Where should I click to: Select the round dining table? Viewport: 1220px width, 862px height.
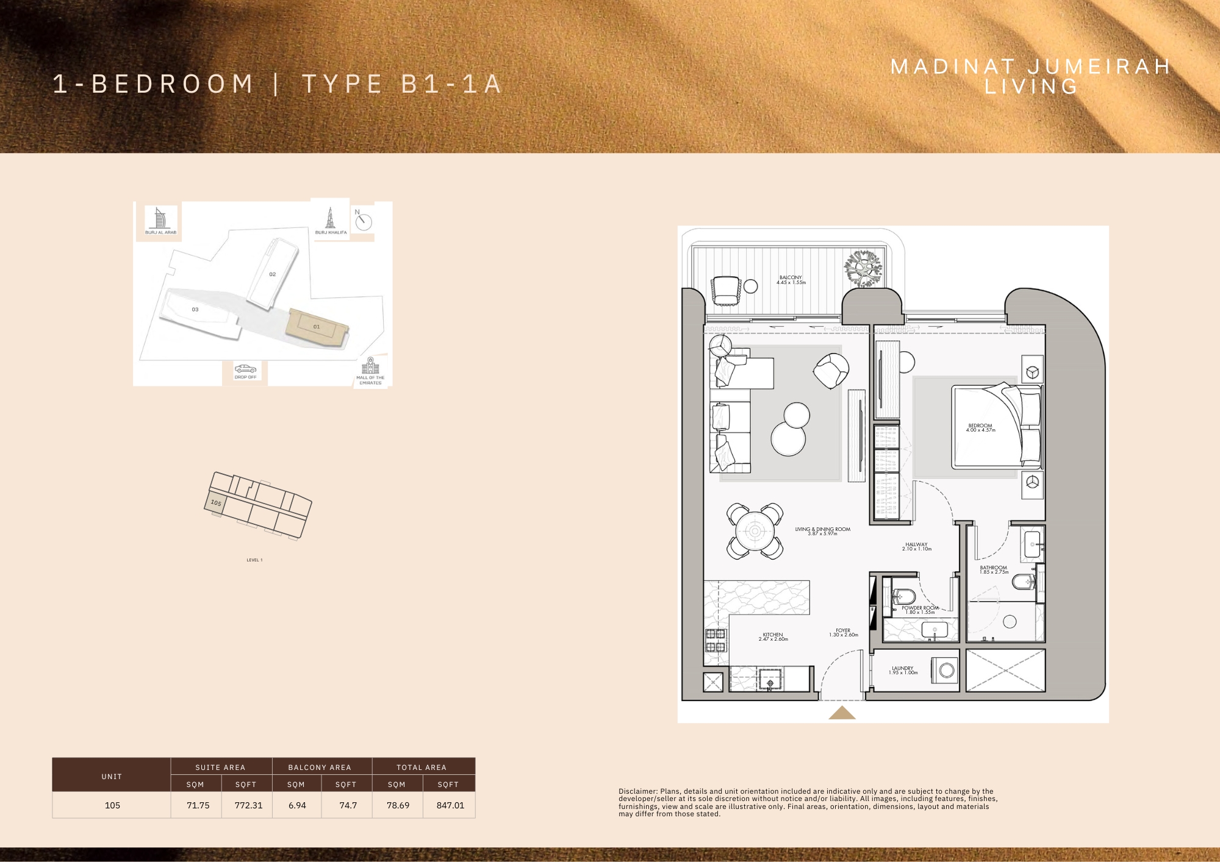755,531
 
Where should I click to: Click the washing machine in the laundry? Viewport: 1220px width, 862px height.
945,670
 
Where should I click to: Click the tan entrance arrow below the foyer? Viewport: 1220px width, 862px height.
842,713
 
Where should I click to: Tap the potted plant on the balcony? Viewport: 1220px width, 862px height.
863,268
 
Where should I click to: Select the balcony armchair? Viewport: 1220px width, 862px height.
725,290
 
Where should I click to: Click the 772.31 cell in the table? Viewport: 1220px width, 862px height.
248,805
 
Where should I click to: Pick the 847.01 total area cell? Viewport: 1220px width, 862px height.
450,805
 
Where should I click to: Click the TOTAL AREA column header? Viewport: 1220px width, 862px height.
422,767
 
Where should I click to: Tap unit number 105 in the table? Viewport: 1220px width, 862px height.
112,805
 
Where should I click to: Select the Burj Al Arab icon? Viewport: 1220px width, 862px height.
160,218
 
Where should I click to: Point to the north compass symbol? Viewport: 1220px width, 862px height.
363,221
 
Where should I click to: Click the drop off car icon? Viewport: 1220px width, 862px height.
245,369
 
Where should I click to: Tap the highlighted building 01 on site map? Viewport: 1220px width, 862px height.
316,327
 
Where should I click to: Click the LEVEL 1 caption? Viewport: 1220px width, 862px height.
254,560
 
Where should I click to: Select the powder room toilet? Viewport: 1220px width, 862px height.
903,596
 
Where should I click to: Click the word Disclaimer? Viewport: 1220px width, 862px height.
637,791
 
